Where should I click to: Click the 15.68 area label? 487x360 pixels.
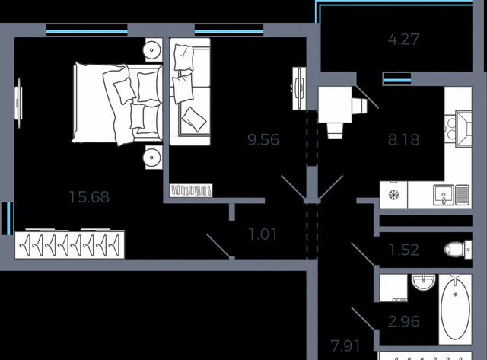pyautogui.click(x=89, y=197)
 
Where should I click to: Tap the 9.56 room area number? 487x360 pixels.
pyautogui.click(x=263, y=140)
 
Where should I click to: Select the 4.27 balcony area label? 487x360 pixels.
pyautogui.click(x=403, y=40)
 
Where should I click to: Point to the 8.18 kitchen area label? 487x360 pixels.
pyautogui.click(x=403, y=140)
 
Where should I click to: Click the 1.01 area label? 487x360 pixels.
pyautogui.click(x=263, y=234)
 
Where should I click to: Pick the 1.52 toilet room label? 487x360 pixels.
pyautogui.click(x=404, y=250)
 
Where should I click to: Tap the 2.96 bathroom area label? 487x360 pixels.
pyautogui.click(x=404, y=321)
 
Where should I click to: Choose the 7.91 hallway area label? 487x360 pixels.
pyautogui.click(x=345, y=346)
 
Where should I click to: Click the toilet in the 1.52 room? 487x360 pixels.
pyautogui.click(x=458, y=249)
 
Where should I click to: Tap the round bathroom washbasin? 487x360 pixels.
pyautogui.click(x=423, y=282)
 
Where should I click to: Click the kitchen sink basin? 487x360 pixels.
pyautogui.click(x=444, y=195)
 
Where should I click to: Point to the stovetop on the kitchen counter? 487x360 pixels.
pyautogui.click(x=393, y=195)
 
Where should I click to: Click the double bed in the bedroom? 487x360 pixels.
pyautogui.click(x=117, y=104)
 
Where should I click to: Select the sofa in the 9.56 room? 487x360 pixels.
pyautogui.click(x=190, y=91)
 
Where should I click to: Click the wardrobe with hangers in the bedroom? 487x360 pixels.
pyautogui.click(x=69, y=244)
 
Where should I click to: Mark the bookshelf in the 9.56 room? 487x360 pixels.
pyautogui.click(x=191, y=190)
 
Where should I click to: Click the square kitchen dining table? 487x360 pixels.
pyautogui.click(x=335, y=105)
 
